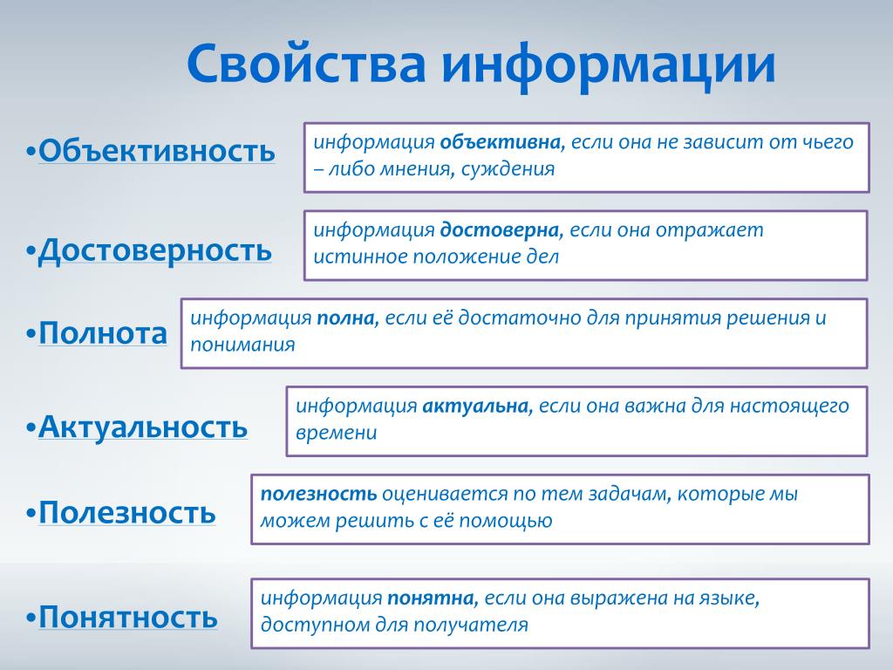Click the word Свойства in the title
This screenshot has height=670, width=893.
coord(306,62)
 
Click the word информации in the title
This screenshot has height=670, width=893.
coord(608,66)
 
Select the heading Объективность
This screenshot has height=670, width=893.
coord(157,150)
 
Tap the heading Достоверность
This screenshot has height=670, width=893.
coord(155,250)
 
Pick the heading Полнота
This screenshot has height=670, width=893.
coord(103,332)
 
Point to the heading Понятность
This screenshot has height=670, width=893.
coord(128,616)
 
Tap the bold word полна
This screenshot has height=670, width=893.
coord(348,318)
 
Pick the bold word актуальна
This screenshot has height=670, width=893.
coord(477,407)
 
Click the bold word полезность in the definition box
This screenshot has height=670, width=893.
coord(318,494)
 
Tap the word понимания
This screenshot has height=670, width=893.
coord(242,345)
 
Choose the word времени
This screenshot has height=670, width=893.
coord(336,433)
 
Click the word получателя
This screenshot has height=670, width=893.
coord(470,625)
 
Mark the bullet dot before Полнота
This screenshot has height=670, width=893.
coord(31,333)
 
